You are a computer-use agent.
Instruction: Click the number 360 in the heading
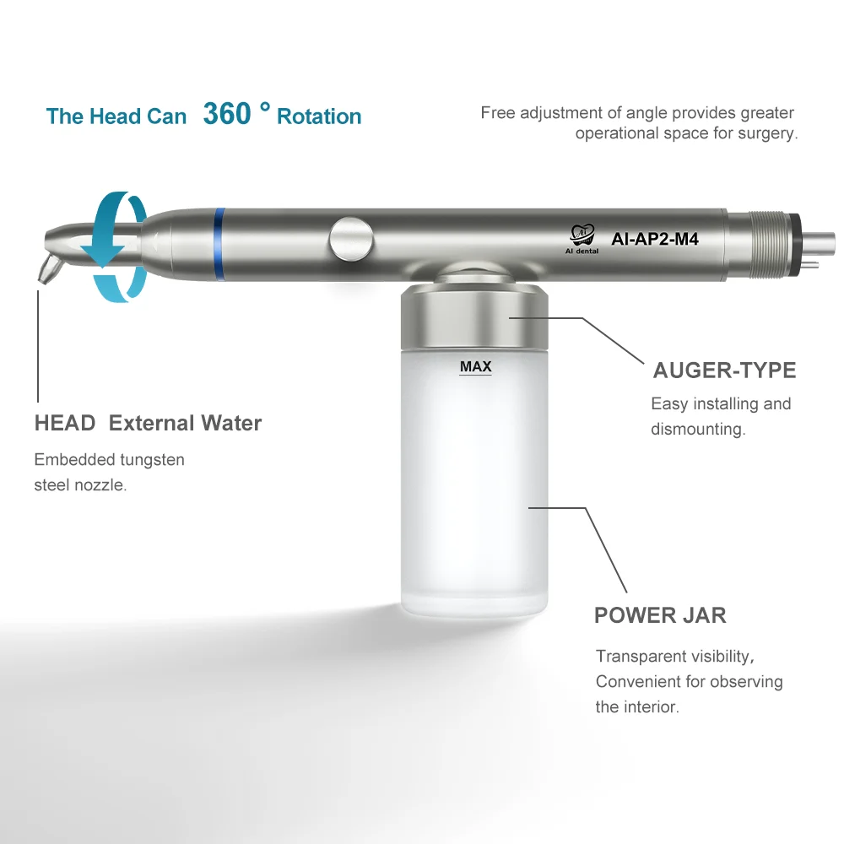(226, 114)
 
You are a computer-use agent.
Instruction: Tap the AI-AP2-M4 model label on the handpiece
(654, 238)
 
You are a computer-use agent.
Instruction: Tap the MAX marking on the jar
(476, 367)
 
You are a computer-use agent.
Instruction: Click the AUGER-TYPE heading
(724, 370)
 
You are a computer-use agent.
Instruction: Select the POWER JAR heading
(660, 614)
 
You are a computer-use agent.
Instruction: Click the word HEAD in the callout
(65, 423)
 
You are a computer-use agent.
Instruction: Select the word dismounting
(697, 429)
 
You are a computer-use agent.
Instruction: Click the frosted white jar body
(476, 490)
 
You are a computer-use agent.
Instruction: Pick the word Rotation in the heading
(319, 116)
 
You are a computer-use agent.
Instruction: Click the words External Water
(186, 423)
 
